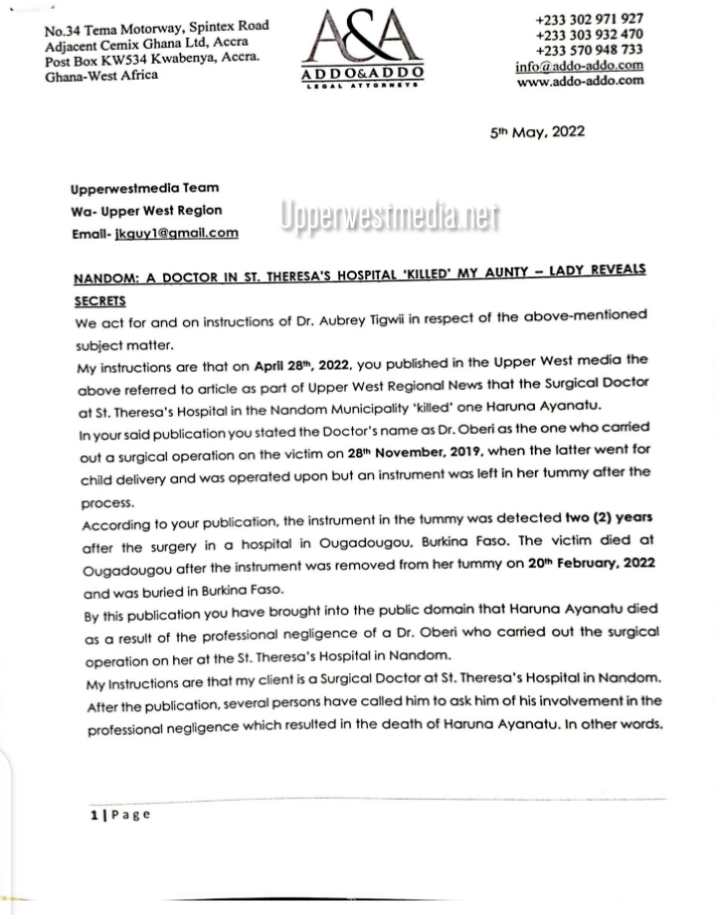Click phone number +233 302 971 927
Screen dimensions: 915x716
(x=589, y=19)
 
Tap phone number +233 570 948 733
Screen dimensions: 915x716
(x=589, y=50)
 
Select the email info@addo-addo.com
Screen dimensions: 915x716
(x=579, y=66)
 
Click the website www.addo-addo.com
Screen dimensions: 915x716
(x=580, y=81)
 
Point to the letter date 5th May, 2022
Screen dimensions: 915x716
(x=537, y=131)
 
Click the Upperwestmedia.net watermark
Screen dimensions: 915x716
(x=388, y=218)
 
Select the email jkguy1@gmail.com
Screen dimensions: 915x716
(x=177, y=233)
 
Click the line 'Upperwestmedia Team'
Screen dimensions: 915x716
(x=145, y=188)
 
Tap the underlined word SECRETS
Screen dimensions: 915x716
(x=100, y=299)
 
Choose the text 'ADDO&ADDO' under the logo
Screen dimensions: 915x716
(x=362, y=74)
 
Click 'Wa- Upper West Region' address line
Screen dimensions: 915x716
(x=146, y=211)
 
